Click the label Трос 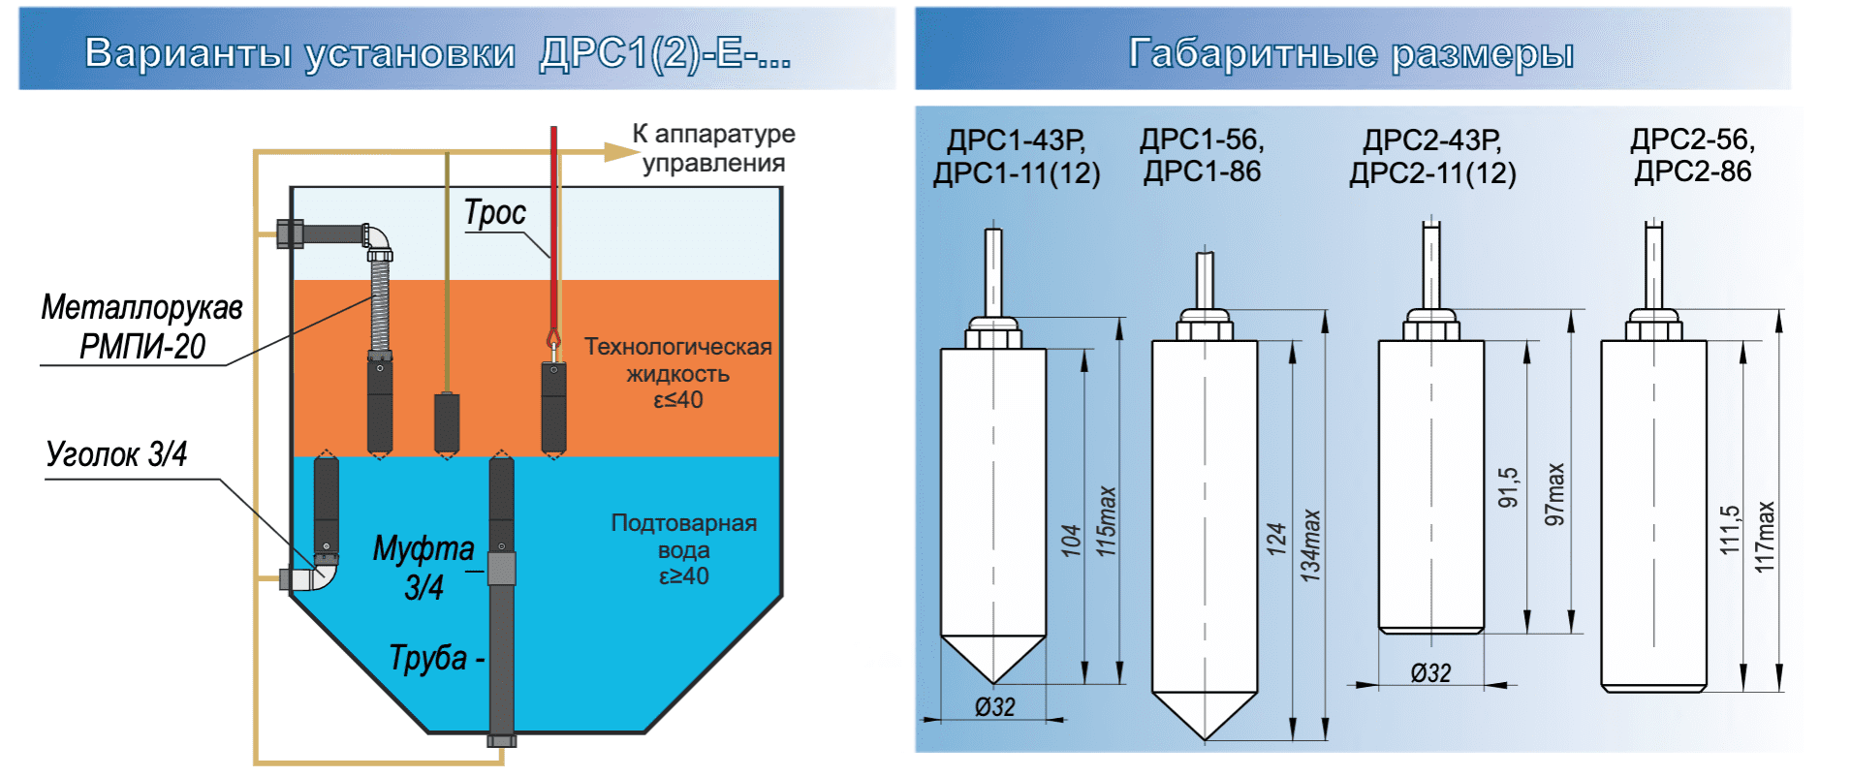coord(494,212)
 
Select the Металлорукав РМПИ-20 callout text coord(141,326)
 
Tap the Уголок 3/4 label coord(116,453)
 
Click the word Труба coord(427,658)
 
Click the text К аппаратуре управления coord(713,148)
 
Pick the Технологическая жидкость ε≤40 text coord(677,373)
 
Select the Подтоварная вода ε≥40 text coord(683,549)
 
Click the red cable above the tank coord(553,194)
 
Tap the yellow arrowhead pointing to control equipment coord(618,151)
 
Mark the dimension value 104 coord(1070,540)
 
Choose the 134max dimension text coord(1309,545)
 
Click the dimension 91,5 coord(1508,487)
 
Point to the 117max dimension coord(1765,536)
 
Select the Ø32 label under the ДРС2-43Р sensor coord(1430,672)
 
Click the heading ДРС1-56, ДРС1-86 coord(1202,156)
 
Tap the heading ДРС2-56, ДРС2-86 coord(1692,156)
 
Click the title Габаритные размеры coord(1351,52)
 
